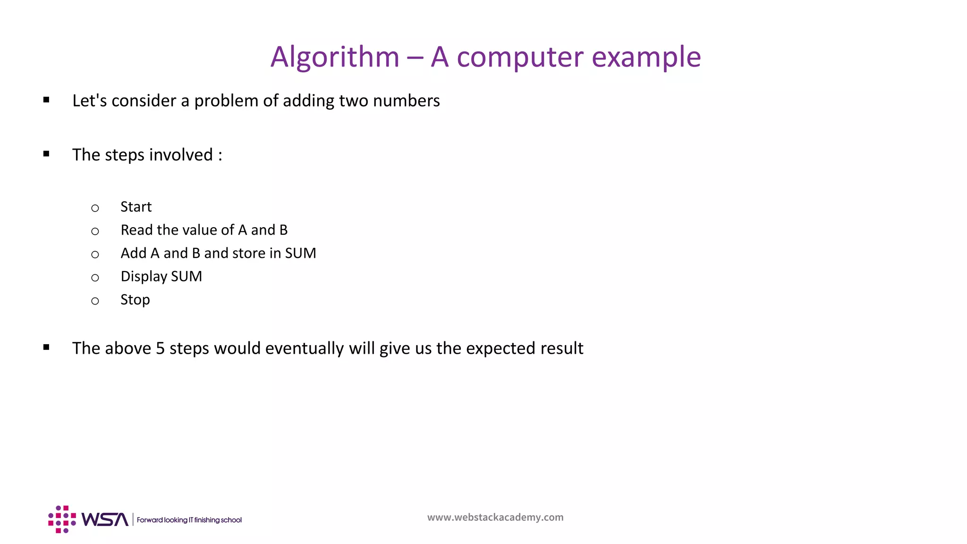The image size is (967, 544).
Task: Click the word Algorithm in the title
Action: [x=335, y=58]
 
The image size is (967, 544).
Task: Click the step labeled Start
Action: [x=136, y=207]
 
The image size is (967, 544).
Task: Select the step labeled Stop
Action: [x=135, y=300]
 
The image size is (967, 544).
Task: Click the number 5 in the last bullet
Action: [x=160, y=348]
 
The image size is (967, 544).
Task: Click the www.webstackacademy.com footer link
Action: [x=495, y=517]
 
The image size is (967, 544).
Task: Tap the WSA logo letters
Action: [x=105, y=519]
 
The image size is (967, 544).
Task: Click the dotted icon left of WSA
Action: [x=62, y=519]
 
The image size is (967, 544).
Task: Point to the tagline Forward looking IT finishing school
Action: [x=189, y=520]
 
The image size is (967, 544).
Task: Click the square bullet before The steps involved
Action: [x=46, y=154]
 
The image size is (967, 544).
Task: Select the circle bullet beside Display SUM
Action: [x=95, y=278]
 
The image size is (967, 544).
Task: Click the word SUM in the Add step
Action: [x=300, y=253]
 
